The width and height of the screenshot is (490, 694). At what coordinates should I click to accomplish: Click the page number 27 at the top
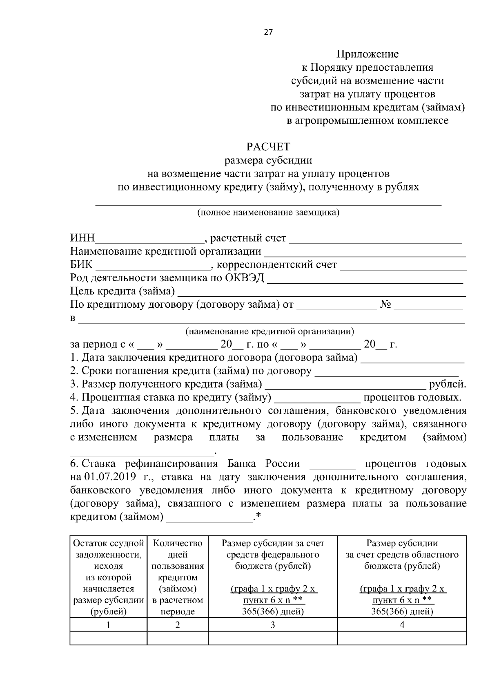point(268,32)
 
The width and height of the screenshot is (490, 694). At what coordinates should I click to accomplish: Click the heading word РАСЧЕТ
point(268,146)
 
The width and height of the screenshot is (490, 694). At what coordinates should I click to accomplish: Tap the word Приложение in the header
point(367,54)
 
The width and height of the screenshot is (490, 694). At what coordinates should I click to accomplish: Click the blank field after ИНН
point(149,239)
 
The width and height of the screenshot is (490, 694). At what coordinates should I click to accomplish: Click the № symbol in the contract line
point(386,305)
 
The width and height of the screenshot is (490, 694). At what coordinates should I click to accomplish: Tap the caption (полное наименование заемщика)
point(268,213)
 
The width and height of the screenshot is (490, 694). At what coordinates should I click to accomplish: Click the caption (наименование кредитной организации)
point(269,331)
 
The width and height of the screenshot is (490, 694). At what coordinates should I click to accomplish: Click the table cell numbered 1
point(108,625)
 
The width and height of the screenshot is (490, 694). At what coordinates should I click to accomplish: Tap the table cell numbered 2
point(178,625)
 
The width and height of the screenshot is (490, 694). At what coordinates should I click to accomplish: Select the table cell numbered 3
point(273,625)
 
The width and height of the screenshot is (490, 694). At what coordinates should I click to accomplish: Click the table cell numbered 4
point(402,625)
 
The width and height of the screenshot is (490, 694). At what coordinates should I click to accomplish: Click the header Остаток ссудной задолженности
point(108,548)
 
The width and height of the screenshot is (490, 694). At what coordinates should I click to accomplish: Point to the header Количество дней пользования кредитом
point(178,560)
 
